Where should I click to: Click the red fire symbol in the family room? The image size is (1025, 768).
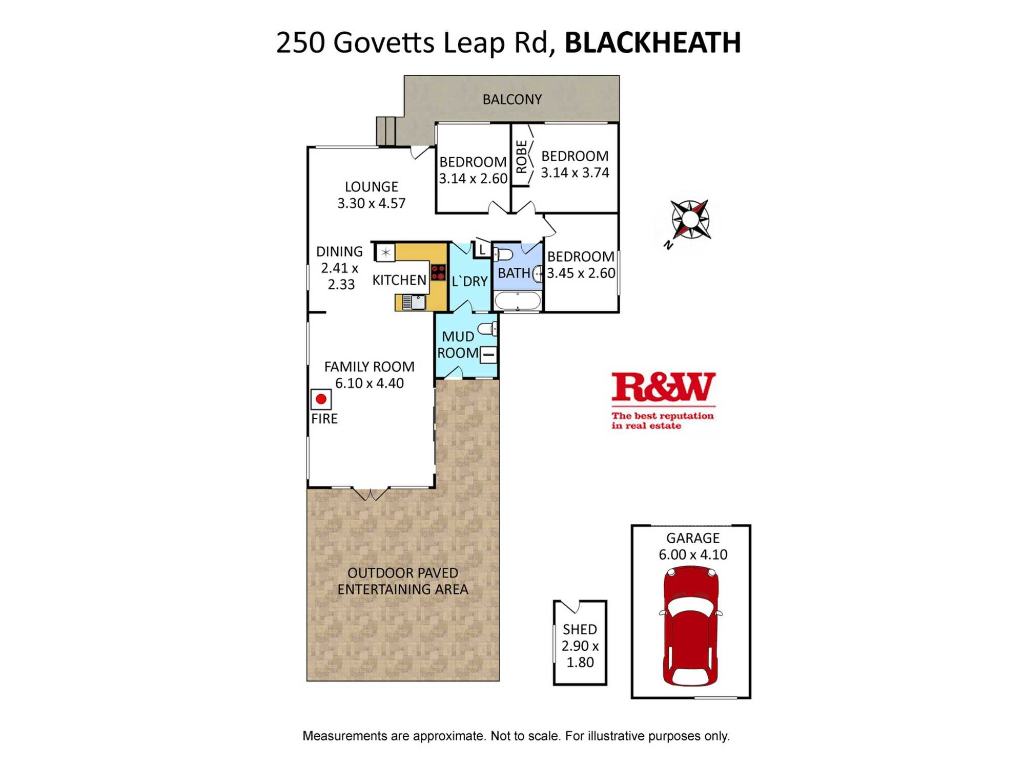click(321, 399)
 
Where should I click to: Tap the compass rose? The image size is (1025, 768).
click(690, 220)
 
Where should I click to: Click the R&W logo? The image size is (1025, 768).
click(663, 400)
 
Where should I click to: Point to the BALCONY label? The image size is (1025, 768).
click(512, 99)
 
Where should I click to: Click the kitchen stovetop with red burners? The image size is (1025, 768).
click(438, 272)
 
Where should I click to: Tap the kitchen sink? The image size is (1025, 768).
click(414, 302)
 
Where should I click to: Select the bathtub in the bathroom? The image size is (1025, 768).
click(518, 301)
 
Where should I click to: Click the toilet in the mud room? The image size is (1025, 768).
click(487, 328)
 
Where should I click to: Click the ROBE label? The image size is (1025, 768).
click(521, 157)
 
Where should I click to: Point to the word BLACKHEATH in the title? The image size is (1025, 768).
click(652, 42)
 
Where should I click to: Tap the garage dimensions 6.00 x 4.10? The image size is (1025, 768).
click(693, 554)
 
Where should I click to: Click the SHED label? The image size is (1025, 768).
click(580, 629)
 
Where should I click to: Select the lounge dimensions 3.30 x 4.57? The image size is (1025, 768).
click(371, 203)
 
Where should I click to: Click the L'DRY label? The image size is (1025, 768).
click(469, 281)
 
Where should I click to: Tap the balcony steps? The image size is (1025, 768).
click(386, 131)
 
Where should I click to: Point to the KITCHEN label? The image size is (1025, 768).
click(399, 280)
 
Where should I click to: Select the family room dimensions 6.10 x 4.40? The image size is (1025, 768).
click(369, 383)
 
